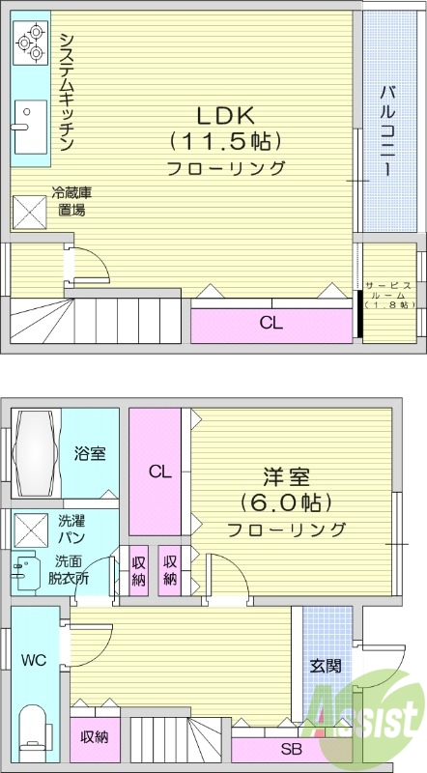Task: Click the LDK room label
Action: (225, 114)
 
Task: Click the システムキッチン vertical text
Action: (66, 91)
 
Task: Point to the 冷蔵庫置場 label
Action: (71, 202)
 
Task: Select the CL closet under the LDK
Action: (270, 324)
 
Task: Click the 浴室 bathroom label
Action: (90, 454)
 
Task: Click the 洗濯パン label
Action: (70, 529)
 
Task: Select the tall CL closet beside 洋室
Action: (159, 472)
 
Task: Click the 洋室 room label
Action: (286, 476)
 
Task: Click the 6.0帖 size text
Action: (286, 502)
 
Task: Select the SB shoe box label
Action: (289, 750)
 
